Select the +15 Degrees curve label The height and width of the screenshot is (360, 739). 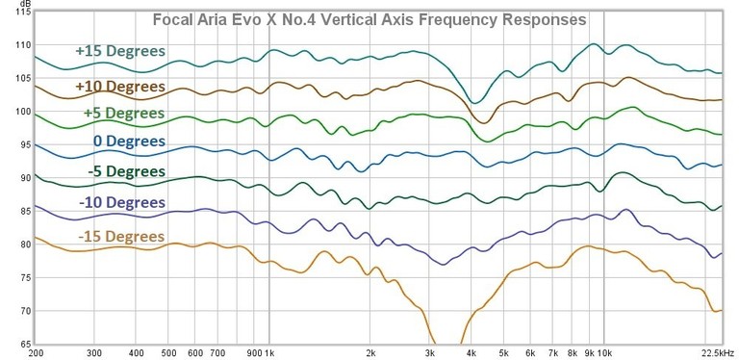(120, 51)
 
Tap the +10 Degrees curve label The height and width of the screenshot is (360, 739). (120, 87)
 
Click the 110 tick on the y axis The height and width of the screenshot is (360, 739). (16, 45)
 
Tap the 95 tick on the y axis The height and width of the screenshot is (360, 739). (18, 145)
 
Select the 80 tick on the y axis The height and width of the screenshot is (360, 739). (18, 244)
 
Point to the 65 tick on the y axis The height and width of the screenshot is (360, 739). (18, 345)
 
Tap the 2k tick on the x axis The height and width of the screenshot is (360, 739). (369, 352)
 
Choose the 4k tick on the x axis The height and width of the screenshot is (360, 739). (471, 352)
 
